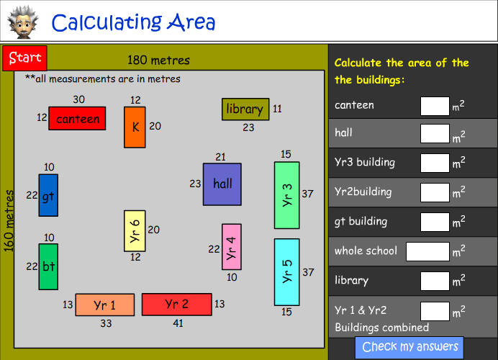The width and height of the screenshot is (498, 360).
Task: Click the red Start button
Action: pos(24,58)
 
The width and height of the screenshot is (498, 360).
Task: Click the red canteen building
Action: pos(77,119)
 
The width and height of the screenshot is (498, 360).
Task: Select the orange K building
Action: pos(135,127)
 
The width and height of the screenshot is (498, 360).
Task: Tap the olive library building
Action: pos(245,109)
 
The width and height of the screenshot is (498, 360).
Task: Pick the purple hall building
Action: pos(222,184)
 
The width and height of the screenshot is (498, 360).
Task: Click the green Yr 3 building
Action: pos(286,195)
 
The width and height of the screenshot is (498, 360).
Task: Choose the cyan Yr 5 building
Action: pos(286,272)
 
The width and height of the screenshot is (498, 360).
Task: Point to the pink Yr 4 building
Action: pos(231,247)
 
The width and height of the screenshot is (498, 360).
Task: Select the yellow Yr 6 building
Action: pos(135,230)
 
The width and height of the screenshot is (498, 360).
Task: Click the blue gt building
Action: pos(48,195)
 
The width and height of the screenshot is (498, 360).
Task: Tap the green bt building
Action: pos(48,266)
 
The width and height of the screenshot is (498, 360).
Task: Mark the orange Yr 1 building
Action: pos(105,305)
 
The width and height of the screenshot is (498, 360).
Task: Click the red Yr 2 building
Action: pos(176,305)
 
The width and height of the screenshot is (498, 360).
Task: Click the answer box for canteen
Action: pos(435,106)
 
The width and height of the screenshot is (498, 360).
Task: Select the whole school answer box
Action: pos(427,251)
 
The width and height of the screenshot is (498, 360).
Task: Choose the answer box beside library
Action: pos(435,281)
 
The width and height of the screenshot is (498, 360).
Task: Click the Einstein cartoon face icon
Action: pos(22,22)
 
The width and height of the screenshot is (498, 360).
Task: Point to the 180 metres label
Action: pos(158,60)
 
